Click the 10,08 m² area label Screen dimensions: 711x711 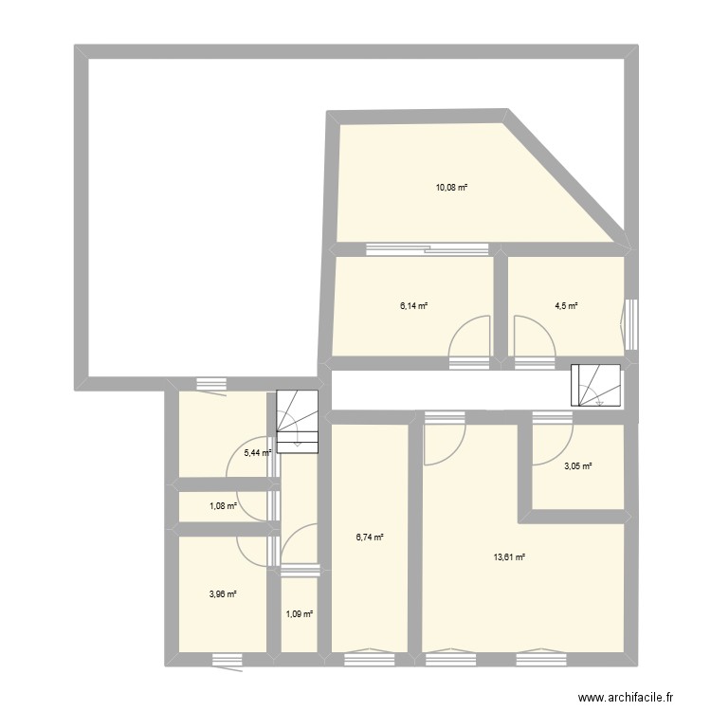[452, 188]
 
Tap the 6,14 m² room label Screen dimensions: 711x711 [413, 306]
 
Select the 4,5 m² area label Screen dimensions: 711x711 [566, 306]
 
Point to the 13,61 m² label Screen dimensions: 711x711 [508, 557]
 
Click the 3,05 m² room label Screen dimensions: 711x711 [578, 465]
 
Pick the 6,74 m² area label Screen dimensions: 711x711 [369, 538]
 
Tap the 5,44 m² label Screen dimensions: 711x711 [258, 453]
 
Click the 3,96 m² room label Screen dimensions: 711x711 [222, 594]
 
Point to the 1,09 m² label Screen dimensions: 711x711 [299, 614]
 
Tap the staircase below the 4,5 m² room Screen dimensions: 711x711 [595, 386]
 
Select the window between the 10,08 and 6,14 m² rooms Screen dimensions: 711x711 [428, 250]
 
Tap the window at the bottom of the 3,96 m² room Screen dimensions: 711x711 [228, 659]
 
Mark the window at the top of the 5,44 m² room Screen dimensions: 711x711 [210, 384]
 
